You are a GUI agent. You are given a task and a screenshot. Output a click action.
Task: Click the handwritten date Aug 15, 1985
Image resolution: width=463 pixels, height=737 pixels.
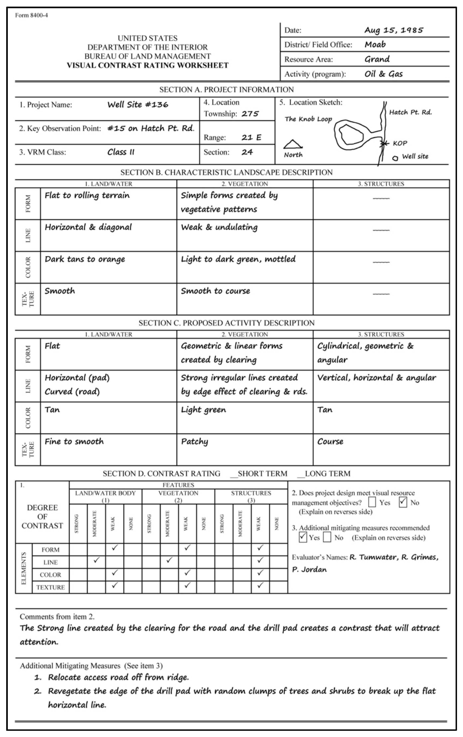[394, 30]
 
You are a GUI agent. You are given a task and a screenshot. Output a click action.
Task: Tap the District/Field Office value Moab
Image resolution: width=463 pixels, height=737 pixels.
[375, 45]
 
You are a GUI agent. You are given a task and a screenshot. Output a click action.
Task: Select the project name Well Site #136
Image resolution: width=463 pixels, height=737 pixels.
[138, 105]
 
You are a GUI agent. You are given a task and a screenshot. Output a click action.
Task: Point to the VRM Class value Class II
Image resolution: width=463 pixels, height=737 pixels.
[121, 152]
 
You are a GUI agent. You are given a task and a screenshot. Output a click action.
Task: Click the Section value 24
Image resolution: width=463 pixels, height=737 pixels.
[247, 152]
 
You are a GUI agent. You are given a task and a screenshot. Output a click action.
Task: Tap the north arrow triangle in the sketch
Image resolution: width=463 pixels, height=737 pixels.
[293, 144]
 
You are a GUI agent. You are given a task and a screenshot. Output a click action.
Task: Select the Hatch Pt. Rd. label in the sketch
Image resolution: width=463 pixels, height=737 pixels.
[410, 112]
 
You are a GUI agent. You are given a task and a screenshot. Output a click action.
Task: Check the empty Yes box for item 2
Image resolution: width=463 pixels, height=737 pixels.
[372, 502]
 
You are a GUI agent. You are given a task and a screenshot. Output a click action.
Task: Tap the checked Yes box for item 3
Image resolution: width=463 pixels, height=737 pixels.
[303, 537]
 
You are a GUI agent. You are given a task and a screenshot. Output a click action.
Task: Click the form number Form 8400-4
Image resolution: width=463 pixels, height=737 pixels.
[31, 15]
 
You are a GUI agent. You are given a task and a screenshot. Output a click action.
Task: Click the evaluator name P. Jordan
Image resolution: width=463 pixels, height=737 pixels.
[309, 570]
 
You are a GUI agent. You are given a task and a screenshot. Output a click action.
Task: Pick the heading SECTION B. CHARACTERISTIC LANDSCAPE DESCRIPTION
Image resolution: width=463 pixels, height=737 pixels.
[226, 172]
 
